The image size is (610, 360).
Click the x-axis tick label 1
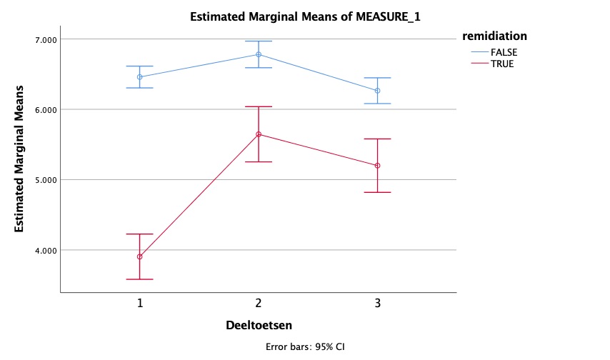tap(140, 303)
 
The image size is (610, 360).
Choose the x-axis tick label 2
tap(259, 303)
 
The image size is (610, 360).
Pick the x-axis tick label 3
tap(377, 303)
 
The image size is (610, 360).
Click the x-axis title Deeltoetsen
tap(259, 325)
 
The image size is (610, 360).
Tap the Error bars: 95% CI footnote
tap(305, 346)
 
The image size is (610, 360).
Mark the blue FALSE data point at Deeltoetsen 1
tap(140, 76)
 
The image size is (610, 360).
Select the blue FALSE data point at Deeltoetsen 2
tap(259, 54)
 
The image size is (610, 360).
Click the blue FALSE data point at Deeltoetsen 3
tap(377, 91)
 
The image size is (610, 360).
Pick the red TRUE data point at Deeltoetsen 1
tap(140, 256)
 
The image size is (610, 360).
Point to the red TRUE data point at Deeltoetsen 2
tap(259, 134)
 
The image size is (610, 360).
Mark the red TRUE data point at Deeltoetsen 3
tap(377, 166)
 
